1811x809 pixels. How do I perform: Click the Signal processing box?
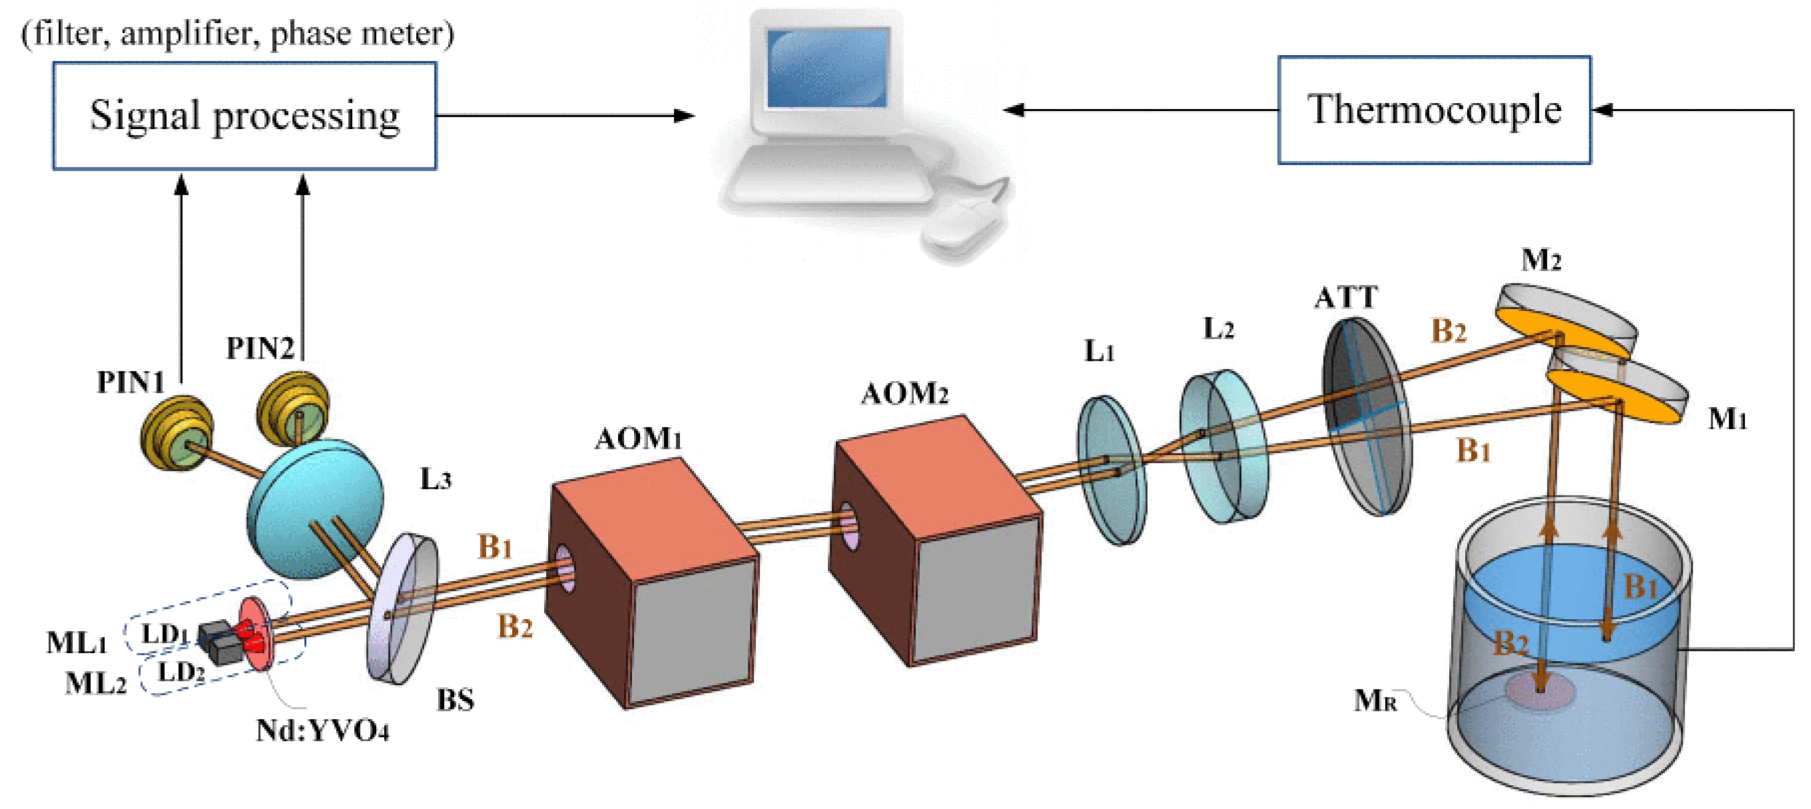pos(244,116)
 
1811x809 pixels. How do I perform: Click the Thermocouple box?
pos(1434,110)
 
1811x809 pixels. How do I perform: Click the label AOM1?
pos(638,439)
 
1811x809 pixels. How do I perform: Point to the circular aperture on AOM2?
pos(849,526)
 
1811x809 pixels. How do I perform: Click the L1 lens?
pos(1111,470)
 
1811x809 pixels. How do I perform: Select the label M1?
pos(1727,419)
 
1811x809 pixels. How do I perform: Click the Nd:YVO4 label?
pos(322,732)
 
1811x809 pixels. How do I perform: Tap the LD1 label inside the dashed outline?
pos(165,634)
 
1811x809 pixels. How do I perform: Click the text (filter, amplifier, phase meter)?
pos(238,33)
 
